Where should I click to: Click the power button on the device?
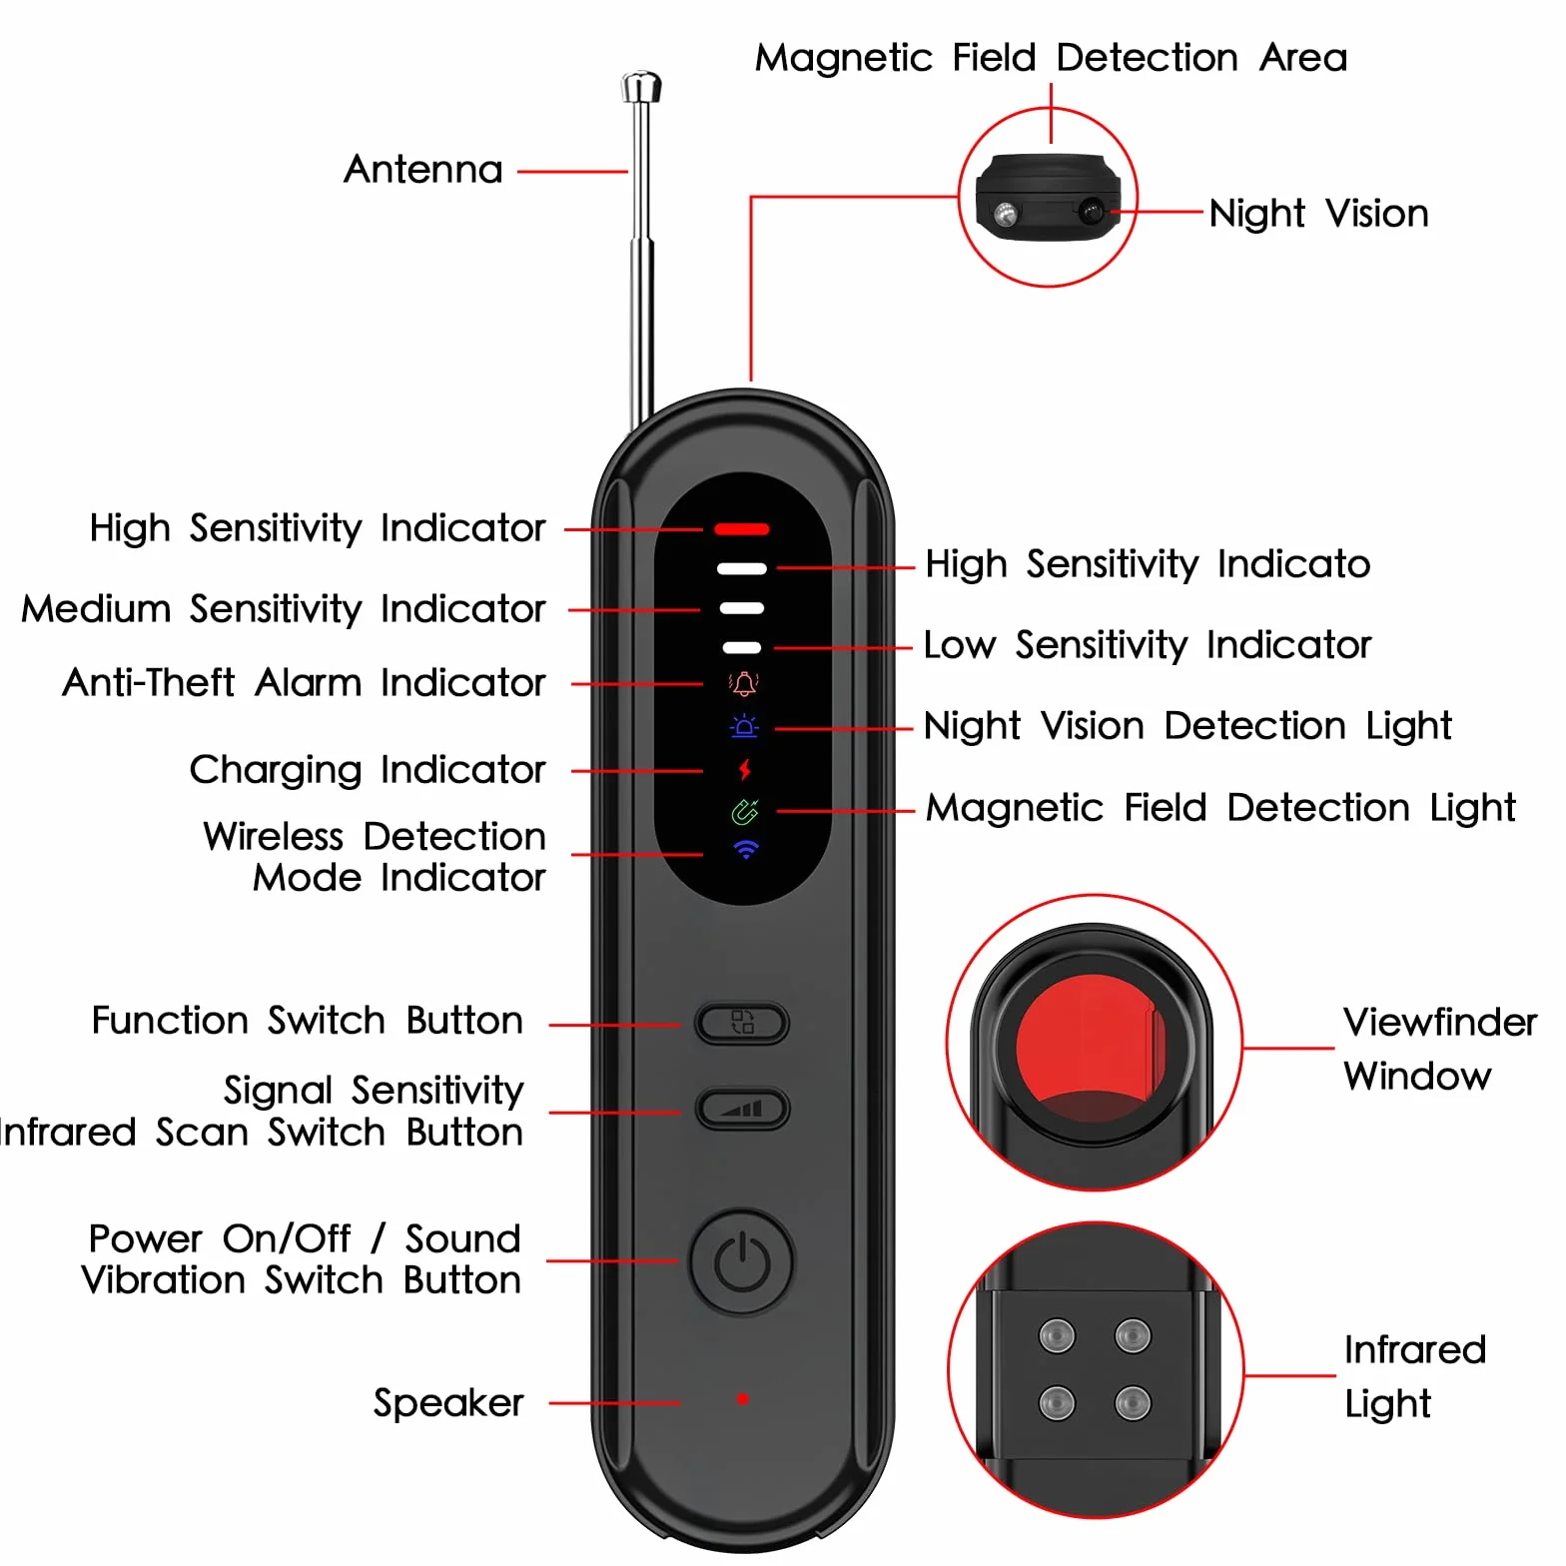[742, 1261]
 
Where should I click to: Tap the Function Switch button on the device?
[742, 1023]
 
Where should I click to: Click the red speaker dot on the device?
[742, 1398]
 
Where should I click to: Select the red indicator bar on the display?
[742, 529]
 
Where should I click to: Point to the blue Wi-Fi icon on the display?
[746, 850]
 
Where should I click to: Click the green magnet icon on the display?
[745, 812]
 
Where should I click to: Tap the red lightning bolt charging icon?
[744, 769]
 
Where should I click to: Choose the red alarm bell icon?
[744, 684]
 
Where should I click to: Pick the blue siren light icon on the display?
[744, 726]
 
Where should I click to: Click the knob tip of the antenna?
[641, 86]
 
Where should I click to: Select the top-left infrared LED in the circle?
[1057, 1335]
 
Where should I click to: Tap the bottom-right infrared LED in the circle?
[1133, 1402]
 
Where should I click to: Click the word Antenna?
[423, 170]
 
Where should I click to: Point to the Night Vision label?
[1319, 214]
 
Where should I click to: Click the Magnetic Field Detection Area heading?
[1051, 58]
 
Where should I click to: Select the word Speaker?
[448, 1403]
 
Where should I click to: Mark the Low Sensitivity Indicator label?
[1148, 645]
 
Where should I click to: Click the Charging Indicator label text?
[368, 770]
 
